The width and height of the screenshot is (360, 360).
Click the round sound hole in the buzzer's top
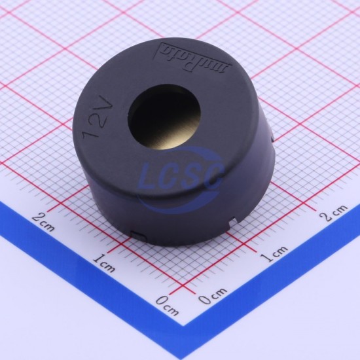(164, 117)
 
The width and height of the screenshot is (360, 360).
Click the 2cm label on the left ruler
(43, 221)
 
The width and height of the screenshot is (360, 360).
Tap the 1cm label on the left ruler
(104, 262)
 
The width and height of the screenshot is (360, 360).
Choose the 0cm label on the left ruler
(167, 305)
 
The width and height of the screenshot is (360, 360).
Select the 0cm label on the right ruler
(213, 295)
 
